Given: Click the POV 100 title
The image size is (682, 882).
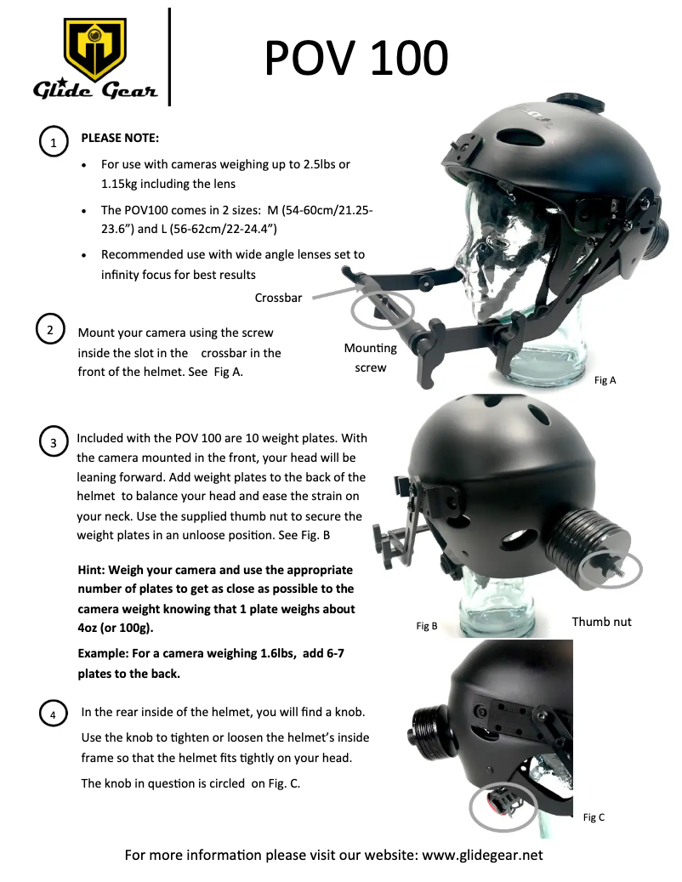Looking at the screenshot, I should pyautogui.click(x=355, y=59).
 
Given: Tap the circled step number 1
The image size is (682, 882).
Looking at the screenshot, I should pyautogui.click(x=54, y=143).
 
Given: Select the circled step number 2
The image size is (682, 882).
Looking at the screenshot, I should pyautogui.click(x=51, y=329).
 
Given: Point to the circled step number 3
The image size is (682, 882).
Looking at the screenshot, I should pyautogui.click(x=54, y=442).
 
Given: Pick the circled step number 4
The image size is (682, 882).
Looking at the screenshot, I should pyautogui.click(x=54, y=715).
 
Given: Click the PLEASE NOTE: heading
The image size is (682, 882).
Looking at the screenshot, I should pyautogui.click(x=120, y=138).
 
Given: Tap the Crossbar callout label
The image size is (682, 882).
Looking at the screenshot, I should pyautogui.click(x=277, y=298).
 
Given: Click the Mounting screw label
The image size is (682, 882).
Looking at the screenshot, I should pyautogui.click(x=370, y=358).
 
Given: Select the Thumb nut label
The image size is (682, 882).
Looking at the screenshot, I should pyautogui.click(x=601, y=622).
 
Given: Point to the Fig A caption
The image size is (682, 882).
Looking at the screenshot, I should pyautogui.click(x=605, y=380).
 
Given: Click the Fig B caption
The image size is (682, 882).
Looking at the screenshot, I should pyautogui.click(x=427, y=626).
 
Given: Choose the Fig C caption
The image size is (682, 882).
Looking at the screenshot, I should pyautogui.click(x=594, y=817).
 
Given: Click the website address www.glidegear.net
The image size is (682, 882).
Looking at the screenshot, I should pyautogui.click(x=482, y=855).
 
